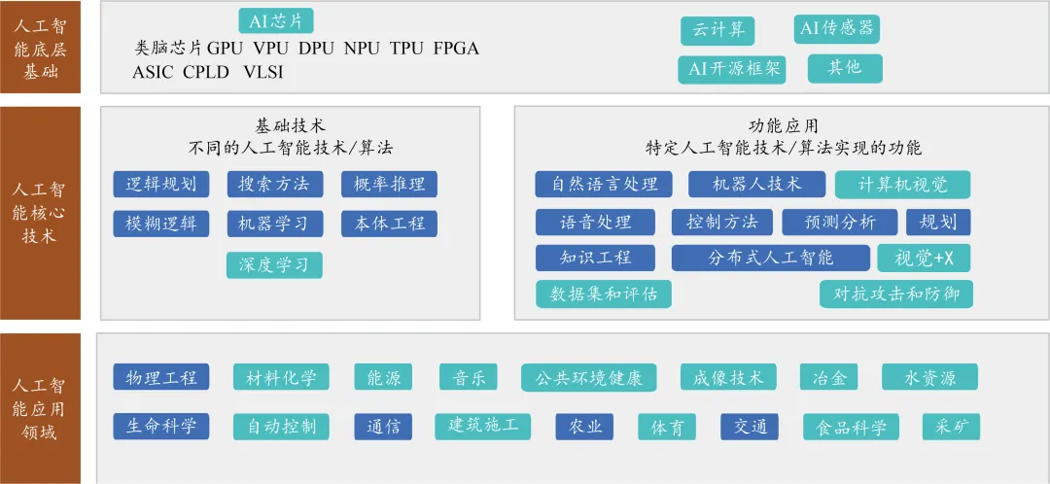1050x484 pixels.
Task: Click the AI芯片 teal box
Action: [x=276, y=20]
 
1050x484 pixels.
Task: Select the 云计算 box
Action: [x=717, y=31]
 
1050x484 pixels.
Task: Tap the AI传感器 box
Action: [x=836, y=29]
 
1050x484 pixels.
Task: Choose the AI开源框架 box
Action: [x=731, y=70]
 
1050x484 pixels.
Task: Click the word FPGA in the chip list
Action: [x=456, y=49]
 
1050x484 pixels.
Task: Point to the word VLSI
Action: [x=263, y=72]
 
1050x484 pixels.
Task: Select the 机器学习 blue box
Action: [x=274, y=224]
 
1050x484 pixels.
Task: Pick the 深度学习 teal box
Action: [x=274, y=265]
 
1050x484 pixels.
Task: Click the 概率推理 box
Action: [x=389, y=184]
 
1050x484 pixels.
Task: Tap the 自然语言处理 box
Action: [x=604, y=184]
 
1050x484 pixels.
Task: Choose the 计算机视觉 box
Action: [x=902, y=185]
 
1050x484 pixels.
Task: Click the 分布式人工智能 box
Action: [x=771, y=258]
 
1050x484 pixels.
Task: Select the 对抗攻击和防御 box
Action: [x=896, y=294]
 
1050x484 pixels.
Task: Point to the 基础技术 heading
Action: [x=291, y=125]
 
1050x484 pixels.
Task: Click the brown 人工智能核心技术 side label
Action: [x=40, y=213]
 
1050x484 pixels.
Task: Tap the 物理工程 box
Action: [x=160, y=377]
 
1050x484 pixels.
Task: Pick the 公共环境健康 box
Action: [x=588, y=377]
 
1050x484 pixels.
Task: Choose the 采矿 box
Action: [x=951, y=427]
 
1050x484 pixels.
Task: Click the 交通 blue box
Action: [x=750, y=427]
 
